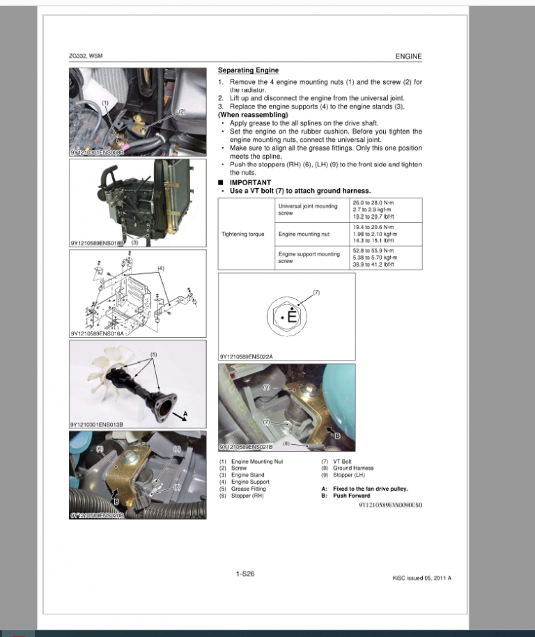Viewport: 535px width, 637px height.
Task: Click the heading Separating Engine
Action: coord(248,70)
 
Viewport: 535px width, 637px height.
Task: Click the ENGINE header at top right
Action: coord(408,56)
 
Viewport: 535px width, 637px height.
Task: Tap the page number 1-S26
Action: coord(245,574)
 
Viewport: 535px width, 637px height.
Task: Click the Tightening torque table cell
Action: coord(242,234)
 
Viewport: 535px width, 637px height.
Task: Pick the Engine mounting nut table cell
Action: coord(304,234)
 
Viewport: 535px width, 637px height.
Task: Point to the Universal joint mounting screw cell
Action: coord(308,210)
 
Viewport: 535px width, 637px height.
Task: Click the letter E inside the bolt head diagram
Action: coord(293,317)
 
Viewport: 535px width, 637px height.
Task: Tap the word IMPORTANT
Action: coord(250,182)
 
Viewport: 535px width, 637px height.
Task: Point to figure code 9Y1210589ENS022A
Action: coord(246,357)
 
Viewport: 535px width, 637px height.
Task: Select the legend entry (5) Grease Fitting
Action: coord(242,489)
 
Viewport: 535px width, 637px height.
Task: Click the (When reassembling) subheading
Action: coord(252,114)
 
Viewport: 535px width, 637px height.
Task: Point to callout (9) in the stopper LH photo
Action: coord(266,386)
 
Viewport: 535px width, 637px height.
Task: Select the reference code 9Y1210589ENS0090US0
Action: coord(390,505)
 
